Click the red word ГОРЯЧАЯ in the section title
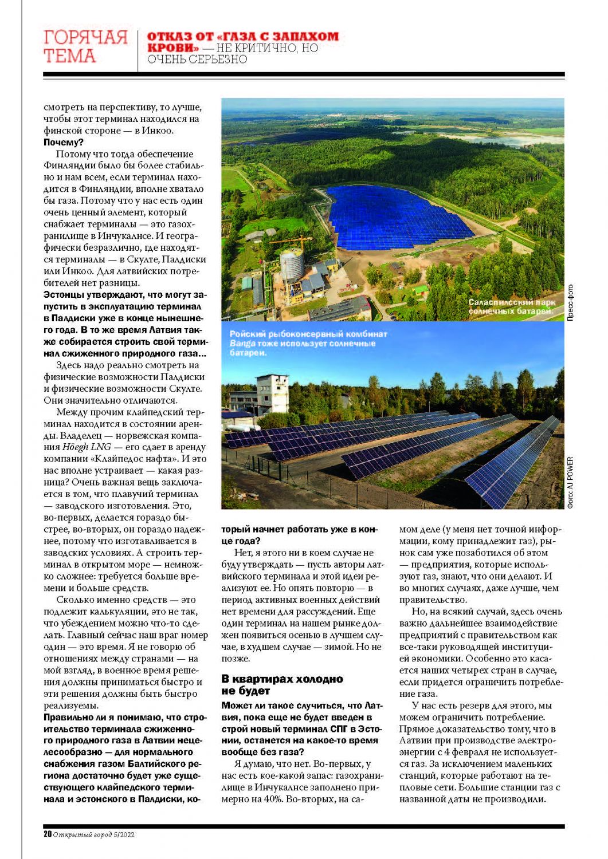pos(85,38)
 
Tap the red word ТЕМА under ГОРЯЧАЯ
pos(69,57)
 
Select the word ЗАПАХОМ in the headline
pos(308,37)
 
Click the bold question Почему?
pos(64,143)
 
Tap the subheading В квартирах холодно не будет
pos(282,685)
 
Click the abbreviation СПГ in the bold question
pos(339,729)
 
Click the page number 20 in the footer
pos(48,834)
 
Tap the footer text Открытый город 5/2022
pos(93,835)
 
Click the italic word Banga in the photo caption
pos(242,344)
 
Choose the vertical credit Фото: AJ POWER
pos(570,482)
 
